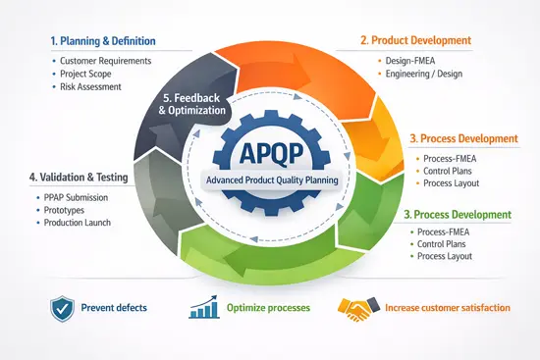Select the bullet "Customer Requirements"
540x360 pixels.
click(x=105, y=61)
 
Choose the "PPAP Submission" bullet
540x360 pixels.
click(x=78, y=197)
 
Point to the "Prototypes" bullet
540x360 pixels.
click(x=65, y=210)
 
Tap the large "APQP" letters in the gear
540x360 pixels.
click(x=270, y=155)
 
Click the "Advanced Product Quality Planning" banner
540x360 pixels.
click(x=270, y=180)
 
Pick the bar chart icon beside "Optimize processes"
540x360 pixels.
click(x=202, y=308)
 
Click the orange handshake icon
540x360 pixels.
click(x=353, y=308)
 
